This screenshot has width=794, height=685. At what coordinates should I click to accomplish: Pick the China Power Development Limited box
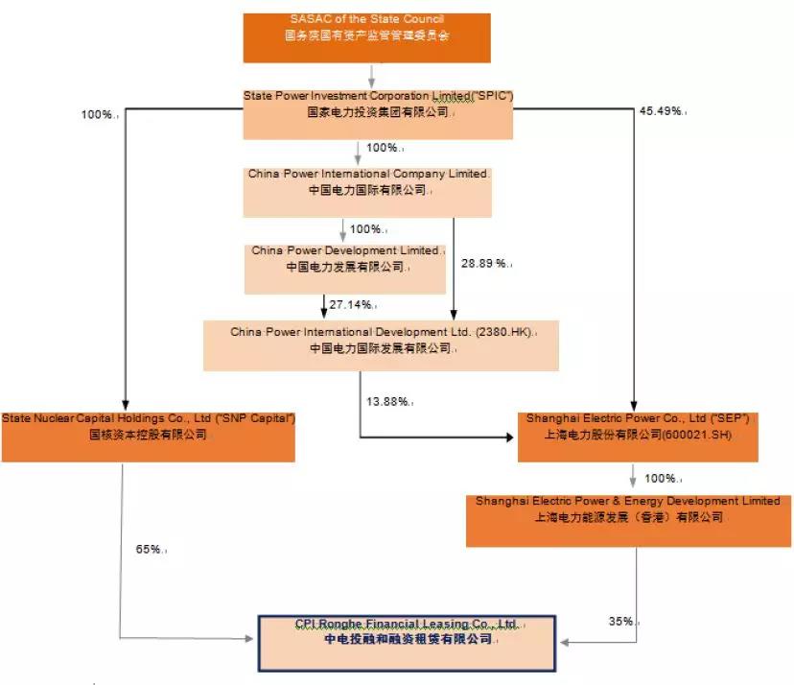[345, 269]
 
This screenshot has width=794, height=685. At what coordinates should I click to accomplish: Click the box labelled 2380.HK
[381, 344]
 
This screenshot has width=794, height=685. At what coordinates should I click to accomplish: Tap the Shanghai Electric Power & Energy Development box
[627, 521]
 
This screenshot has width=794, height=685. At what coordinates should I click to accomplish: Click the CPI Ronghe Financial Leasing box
[407, 641]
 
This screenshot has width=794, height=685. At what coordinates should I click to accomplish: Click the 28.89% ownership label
[483, 263]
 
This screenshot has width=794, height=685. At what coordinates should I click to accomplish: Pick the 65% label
[148, 550]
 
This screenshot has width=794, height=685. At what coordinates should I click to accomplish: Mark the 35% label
[621, 621]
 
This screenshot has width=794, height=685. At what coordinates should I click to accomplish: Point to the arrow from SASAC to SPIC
[370, 76]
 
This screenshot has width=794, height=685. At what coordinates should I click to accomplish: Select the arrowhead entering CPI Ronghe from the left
[251, 638]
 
